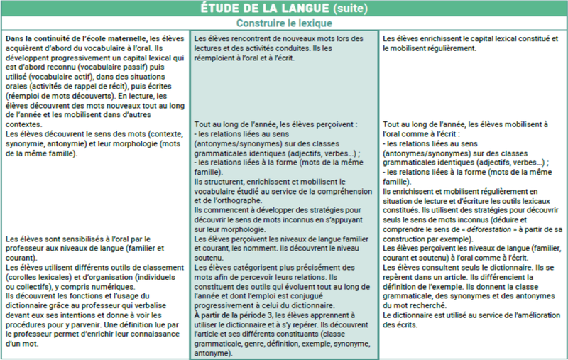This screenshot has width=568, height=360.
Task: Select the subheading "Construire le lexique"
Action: [284, 23]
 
